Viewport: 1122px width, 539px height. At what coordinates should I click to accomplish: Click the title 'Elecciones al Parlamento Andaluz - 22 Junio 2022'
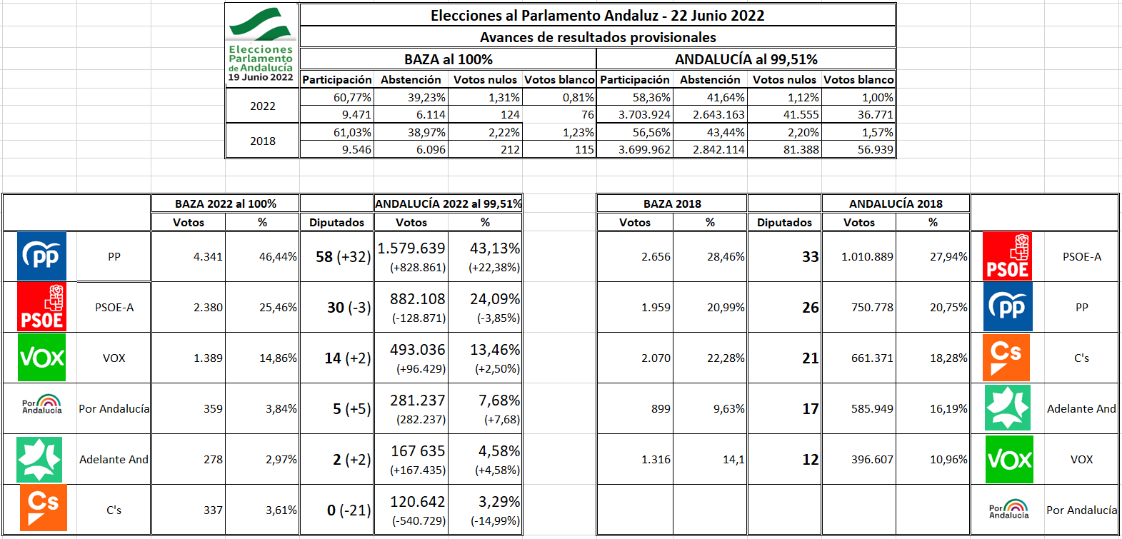[597, 16]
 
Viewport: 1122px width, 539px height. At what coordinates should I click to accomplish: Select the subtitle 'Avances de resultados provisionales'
[597, 37]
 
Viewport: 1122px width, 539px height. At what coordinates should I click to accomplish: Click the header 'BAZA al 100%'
[448, 59]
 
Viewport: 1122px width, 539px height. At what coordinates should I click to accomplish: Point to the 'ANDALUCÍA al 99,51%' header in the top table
[746, 59]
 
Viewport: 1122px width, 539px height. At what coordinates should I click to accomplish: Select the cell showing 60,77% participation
[352, 97]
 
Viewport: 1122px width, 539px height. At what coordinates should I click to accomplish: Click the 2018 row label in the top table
[262, 141]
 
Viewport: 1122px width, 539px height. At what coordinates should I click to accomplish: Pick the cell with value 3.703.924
[644, 114]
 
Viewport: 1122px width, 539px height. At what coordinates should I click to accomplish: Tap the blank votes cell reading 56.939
[875, 149]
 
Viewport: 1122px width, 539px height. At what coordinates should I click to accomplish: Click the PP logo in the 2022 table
[42, 256]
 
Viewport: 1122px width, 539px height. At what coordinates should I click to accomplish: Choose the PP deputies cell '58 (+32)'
[343, 257]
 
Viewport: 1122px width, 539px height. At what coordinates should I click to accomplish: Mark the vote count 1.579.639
[411, 248]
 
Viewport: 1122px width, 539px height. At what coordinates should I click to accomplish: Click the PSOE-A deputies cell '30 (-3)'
[349, 308]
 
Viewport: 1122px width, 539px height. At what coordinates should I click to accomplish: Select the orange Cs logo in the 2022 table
[43, 508]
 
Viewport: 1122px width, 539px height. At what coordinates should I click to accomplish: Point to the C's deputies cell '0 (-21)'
[349, 510]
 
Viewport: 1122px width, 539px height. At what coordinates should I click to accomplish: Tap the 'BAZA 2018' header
[672, 203]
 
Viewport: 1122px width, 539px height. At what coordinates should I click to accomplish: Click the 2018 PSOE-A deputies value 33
[810, 257]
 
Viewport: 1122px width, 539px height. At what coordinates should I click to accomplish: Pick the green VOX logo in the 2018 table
[1009, 459]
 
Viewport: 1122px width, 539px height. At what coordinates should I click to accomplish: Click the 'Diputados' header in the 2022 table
[336, 222]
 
